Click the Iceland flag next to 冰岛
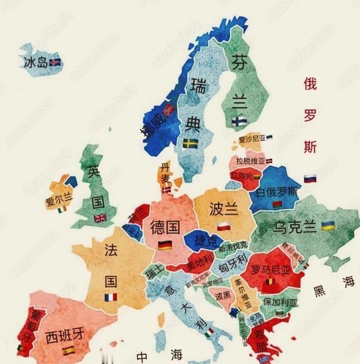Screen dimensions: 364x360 coord(55,61)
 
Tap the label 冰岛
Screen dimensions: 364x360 coord(35,61)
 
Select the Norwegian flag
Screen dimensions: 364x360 coord(168,110)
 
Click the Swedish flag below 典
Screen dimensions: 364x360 coord(190,143)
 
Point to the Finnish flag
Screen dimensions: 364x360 coord(238,121)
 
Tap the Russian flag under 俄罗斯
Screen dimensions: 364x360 coord(310,179)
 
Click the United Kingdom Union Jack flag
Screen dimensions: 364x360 coord(100,218)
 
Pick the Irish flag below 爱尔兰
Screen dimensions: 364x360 coord(62,210)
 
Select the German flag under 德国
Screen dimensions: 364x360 coord(165,245)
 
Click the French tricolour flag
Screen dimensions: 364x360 coord(111,297)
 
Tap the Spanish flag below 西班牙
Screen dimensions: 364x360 coord(69,351)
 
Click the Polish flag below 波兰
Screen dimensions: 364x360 coord(224,226)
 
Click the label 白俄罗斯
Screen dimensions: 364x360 coord(276,192)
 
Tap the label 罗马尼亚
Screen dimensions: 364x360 coord(271,269)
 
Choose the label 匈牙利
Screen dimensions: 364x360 coord(233,259)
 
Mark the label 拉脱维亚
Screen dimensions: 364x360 coord(251,161)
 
